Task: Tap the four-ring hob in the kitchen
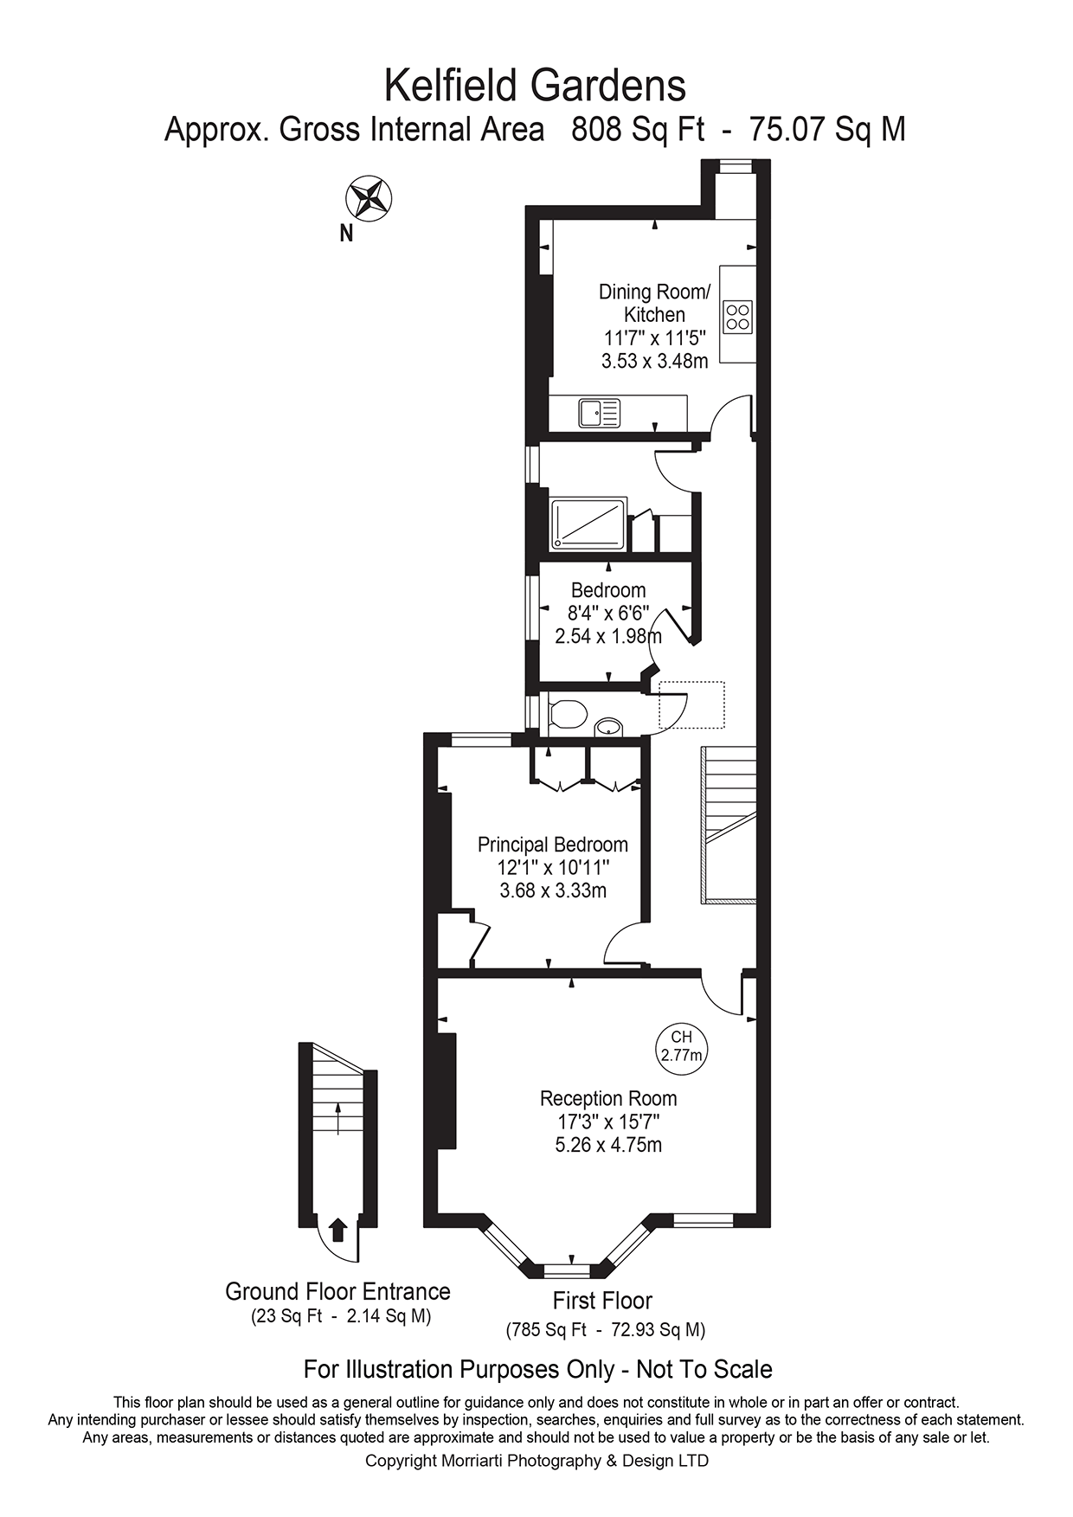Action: coord(737,316)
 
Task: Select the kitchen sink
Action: coord(600,412)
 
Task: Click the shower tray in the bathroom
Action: coord(588,524)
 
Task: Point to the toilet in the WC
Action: coord(568,715)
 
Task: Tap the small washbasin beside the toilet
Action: coord(609,726)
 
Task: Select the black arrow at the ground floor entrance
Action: coord(338,1229)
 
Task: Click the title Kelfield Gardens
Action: coord(535,86)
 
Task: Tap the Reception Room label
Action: coord(608,1098)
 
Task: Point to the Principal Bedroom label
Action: coord(553,845)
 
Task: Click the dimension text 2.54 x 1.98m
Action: coord(608,636)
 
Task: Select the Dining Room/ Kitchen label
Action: coord(655,303)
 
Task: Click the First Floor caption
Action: coord(602,1301)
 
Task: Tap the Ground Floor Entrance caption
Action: coord(337,1291)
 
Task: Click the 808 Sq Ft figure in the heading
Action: coord(638,130)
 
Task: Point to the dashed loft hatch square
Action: coord(691,705)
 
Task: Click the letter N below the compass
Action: coord(346,234)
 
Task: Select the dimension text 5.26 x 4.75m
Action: coord(608,1145)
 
